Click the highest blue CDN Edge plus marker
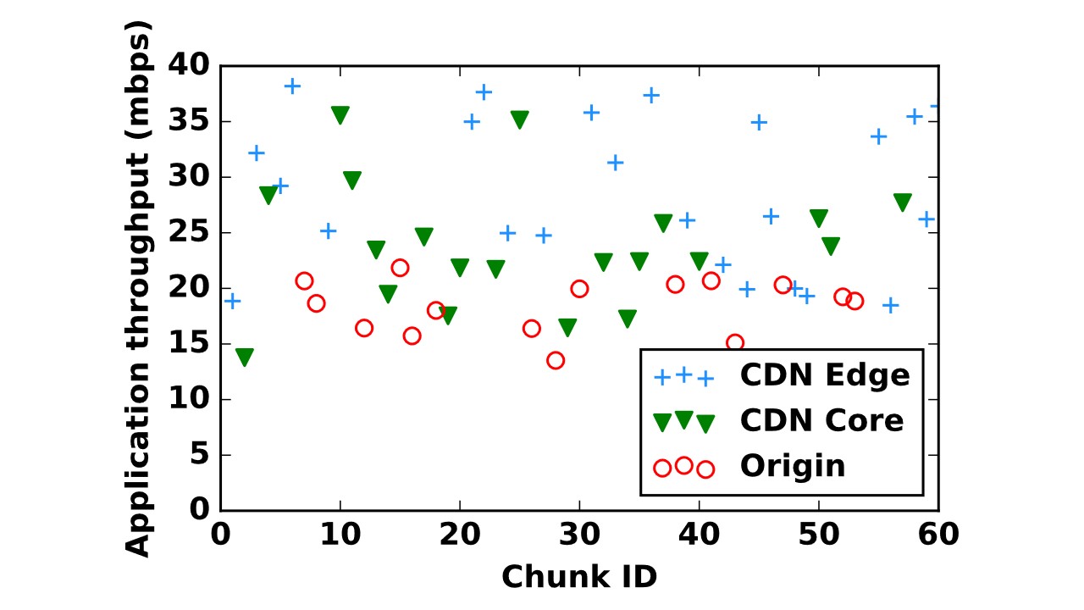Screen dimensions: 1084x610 (x=292, y=86)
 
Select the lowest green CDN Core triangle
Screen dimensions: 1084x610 (x=245, y=358)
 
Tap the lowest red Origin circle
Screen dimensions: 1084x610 (x=556, y=360)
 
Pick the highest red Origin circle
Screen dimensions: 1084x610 (x=401, y=268)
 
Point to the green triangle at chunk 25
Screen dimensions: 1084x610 (x=520, y=119)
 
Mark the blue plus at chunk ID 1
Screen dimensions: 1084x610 (x=233, y=301)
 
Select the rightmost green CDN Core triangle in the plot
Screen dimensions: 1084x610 (x=903, y=202)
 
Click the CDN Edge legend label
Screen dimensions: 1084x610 (x=825, y=375)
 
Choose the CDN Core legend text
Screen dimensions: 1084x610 (x=821, y=419)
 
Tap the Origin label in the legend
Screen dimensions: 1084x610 (x=793, y=466)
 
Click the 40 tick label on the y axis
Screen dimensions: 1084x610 (x=189, y=64)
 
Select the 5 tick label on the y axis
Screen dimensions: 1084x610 (x=200, y=454)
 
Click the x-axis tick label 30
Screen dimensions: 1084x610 (x=579, y=535)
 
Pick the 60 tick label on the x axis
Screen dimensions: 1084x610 (x=938, y=535)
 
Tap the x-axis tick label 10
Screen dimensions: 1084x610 (x=340, y=535)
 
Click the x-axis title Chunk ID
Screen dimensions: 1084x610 (x=579, y=577)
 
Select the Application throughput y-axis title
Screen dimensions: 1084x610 (x=138, y=289)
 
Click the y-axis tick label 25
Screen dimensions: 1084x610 (x=189, y=231)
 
